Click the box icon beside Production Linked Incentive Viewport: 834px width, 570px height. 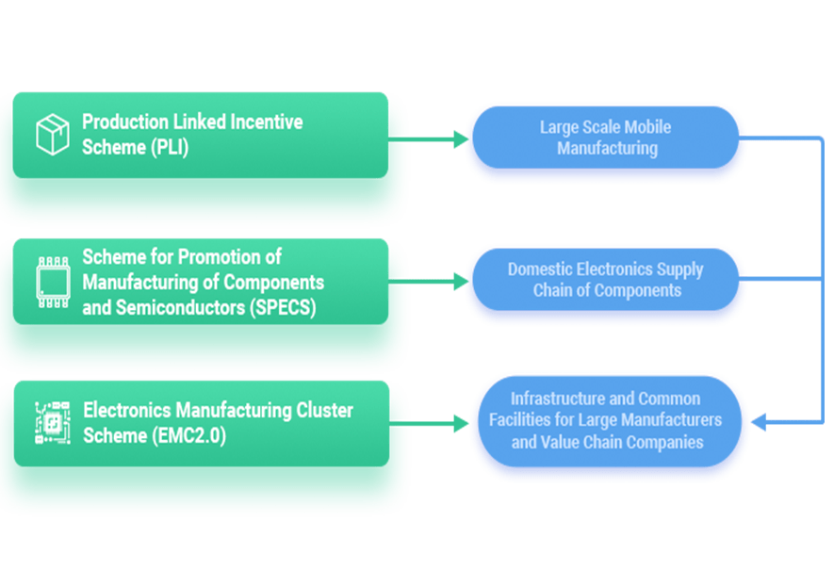[x=52, y=134]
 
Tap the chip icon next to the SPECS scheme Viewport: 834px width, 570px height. [x=53, y=283]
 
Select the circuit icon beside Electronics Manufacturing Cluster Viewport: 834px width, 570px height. [x=53, y=423]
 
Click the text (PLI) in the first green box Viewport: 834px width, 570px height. [x=170, y=147]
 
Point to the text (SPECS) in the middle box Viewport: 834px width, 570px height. [x=283, y=307]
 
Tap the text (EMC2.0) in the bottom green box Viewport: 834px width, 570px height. [x=188, y=435]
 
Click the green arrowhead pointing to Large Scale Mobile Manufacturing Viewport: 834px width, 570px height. [x=461, y=139]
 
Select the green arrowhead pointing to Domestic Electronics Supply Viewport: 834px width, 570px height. [x=461, y=282]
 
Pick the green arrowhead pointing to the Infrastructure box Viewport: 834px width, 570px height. [x=461, y=424]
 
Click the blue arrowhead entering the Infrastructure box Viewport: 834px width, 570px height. [x=759, y=422]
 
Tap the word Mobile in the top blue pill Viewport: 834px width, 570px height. [x=647, y=127]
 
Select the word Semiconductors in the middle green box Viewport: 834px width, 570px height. [x=180, y=307]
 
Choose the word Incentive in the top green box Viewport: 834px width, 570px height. [x=267, y=122]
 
